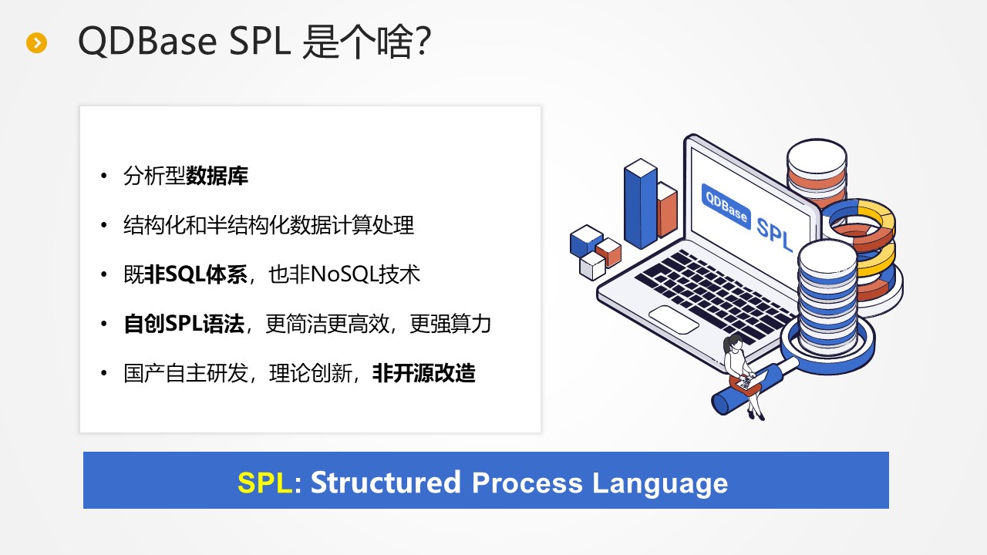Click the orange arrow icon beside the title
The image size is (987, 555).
tap(36, 42)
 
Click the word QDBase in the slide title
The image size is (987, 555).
tap(147, 41)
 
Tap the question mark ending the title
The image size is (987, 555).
tap(422, 41)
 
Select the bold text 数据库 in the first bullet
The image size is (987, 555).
tap(217, 177)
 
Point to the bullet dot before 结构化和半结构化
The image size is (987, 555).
tap(104, 226)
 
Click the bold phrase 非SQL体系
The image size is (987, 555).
tap(196, 274)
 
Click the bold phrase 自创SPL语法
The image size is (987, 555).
tap(184, 324)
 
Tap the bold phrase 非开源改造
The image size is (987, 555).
tap(424, 374)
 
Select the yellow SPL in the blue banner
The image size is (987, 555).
tap(264, 483)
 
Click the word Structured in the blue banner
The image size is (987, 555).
tap(386, 483)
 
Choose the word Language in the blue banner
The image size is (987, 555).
tap(660, 483)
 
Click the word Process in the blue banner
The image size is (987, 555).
tap(527, 483)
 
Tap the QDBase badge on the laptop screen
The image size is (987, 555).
tap(726, 207)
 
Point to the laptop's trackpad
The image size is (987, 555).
tap(674, 319)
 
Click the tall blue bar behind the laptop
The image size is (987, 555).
tap(641, 204)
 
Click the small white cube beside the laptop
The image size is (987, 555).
tap(592, 266)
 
